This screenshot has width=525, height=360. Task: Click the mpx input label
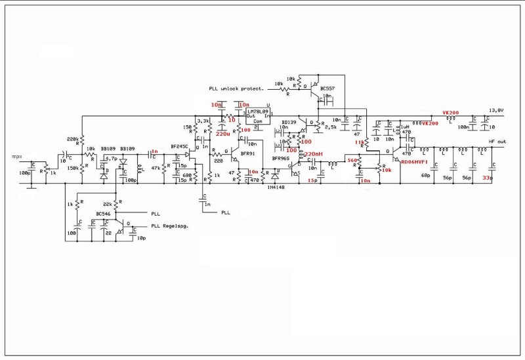pos(17,157)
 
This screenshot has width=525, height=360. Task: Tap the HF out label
pos(497,142)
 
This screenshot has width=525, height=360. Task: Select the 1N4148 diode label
pos(276,187)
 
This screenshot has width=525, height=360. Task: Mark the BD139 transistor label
pos(289,122)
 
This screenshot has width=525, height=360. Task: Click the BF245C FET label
pos(179,146)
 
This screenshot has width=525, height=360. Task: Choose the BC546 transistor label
pos(104,214)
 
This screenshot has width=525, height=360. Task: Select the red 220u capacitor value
pos(223,134)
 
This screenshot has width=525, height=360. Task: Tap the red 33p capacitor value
pos(487,178)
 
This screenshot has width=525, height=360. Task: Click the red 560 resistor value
pos(352,160)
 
